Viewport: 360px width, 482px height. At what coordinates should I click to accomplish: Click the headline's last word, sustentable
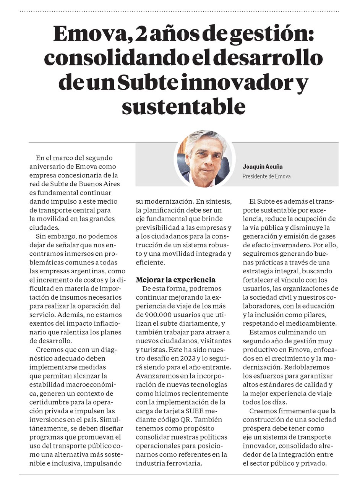(183, 107)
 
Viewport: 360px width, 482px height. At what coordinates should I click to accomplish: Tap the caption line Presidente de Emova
(266, 176)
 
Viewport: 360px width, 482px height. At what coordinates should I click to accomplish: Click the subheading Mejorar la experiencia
(176, 279)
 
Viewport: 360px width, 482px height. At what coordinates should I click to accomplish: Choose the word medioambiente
(313, 324)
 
